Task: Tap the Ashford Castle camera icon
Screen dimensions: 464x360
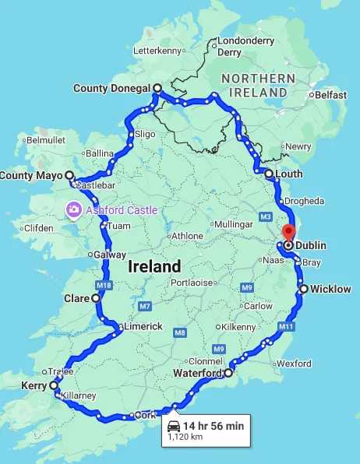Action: (73, 209)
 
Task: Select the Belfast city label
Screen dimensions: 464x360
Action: (330, 95)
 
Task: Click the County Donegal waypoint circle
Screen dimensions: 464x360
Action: (157, 89)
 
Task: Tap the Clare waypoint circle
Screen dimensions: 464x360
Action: (96, 298)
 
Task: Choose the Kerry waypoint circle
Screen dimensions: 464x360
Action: (54, 385)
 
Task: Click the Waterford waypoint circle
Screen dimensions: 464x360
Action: (228, 374)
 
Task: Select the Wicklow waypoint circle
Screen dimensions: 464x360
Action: (304, 290)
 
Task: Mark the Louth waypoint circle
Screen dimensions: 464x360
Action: (268, 174)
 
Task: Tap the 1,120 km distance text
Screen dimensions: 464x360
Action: (185, 438)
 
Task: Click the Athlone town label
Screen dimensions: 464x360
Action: (187, 236)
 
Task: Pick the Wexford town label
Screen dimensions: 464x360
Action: (293, 364)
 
